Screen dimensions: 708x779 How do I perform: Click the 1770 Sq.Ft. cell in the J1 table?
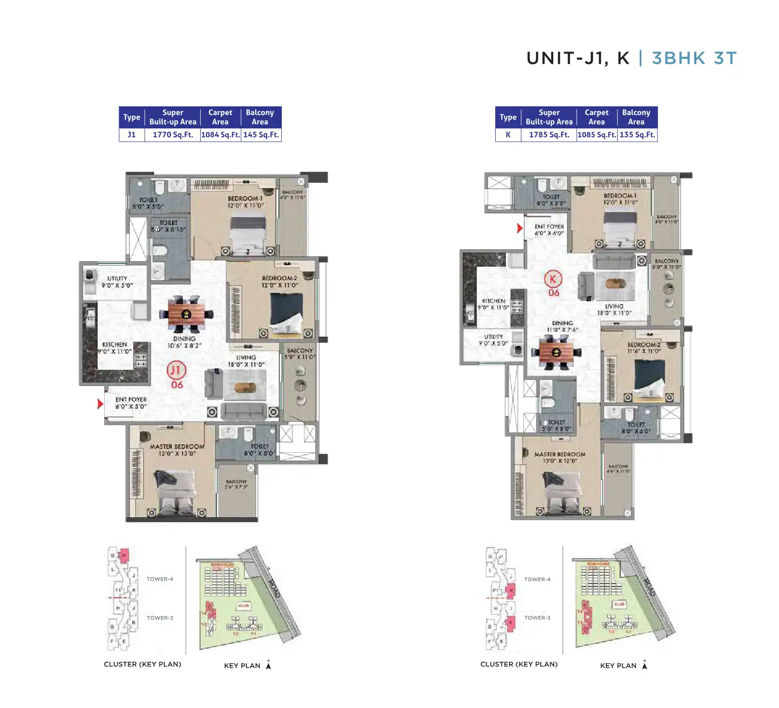pos(173,135)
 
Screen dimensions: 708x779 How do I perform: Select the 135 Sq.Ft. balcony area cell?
pos(637,135)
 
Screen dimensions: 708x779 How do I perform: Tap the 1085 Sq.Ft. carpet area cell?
pos(597,135)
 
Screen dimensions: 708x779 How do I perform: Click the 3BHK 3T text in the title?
pos(694,58)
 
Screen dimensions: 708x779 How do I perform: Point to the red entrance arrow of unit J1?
pos(100,404)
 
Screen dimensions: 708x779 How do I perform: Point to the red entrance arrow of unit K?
pos(519,228)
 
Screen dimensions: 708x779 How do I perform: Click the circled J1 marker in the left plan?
pos(176,370)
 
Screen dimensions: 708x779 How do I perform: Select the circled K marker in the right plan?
pos(553,279)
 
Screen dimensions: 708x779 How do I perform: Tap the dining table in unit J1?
pos(186,314)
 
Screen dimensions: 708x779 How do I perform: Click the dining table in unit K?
pos(556,352)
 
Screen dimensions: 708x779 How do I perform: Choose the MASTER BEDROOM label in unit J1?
pos(177,446)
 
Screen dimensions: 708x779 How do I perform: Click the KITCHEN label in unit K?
pos(493,301)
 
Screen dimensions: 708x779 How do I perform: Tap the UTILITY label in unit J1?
pos(117,278)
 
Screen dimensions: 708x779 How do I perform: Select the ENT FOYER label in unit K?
pos(549,227)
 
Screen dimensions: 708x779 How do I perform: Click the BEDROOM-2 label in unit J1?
pos(279,278)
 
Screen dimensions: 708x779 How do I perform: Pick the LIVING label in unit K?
pos(614,306)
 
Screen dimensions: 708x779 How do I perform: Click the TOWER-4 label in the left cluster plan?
pos(160,579)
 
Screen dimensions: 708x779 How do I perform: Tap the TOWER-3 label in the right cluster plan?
pos(537,618)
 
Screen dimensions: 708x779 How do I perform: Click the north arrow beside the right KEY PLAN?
pos(644,665)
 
